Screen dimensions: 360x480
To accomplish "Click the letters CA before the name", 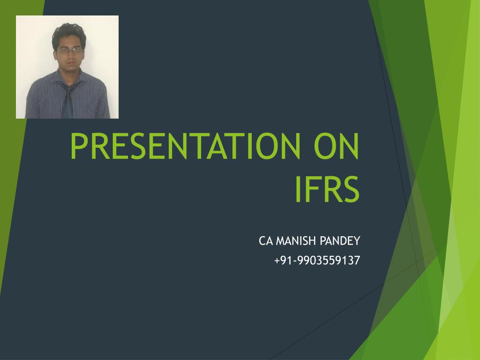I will pyautogui.click(x=265, y=241).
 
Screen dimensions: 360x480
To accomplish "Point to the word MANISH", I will pyautogui.click(x=296, y=241).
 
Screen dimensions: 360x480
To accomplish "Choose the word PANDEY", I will pyautogui.click(x=340, y=241).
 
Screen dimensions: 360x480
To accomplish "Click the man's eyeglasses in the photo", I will pyautogui.click(x=67, y=50).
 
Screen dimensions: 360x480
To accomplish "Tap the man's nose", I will pyautogui.click(x=67, y=55).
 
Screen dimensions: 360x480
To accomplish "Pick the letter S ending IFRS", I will pyautogui.click(x=350, y=189).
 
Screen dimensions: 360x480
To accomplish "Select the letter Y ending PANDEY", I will pyautogui.click(x=356, y=241).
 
